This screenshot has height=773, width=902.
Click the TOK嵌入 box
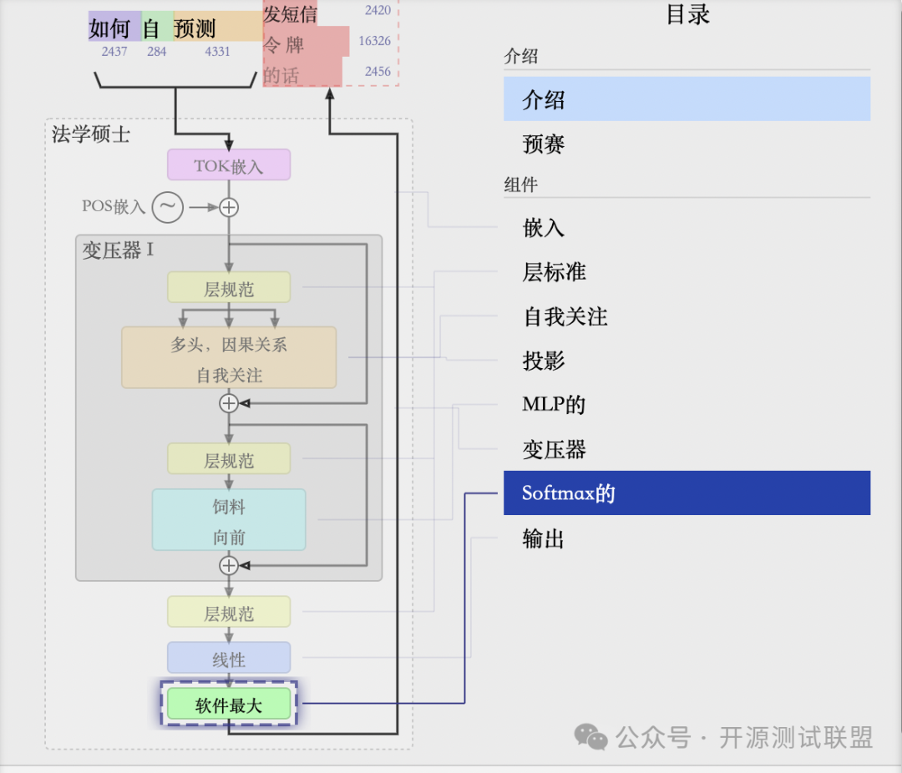[228, 165]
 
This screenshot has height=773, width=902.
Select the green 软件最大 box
[228, 705]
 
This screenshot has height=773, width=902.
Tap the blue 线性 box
[228, 659]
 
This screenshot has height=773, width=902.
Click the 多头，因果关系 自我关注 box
[228, 358]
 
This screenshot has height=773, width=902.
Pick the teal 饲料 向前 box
[228, 521]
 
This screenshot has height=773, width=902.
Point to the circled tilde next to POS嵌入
[167, 207]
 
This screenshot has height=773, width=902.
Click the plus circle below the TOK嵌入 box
[228, 207]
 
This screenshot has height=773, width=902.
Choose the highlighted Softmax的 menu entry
[687, 493]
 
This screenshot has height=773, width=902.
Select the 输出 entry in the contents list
[544, 538]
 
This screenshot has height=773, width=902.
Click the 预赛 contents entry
[544, 144]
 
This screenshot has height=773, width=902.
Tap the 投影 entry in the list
[544, 361]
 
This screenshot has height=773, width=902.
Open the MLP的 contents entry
[554, 405]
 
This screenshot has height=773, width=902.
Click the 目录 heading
[687, 14]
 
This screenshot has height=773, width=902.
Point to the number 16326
[374, 41]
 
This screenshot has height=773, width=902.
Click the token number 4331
[217, 52]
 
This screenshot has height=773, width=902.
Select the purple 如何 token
[110, 29]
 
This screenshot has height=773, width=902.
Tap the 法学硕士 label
[91, 134]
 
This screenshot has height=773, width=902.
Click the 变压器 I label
[118, 250]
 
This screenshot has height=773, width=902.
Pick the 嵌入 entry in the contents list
[544, 227]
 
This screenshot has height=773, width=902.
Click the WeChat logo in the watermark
[591, 736]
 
